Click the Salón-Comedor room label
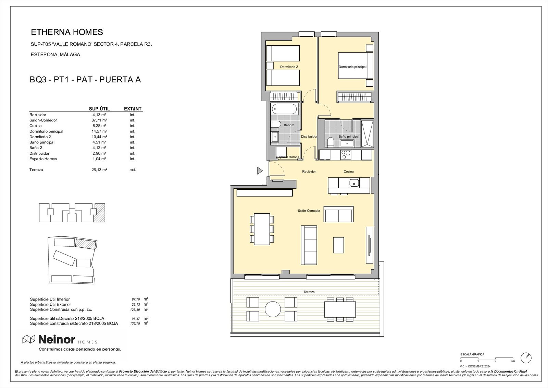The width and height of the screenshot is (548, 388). point(309,211)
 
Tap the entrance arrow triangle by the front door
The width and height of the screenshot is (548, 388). point(260,171)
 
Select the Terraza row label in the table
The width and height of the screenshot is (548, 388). point(36,170)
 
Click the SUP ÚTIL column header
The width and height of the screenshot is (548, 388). point(99,109)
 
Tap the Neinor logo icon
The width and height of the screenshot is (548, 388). point(29,340)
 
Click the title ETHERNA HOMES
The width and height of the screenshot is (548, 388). point(67,32)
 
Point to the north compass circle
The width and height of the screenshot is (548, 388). point(526,358)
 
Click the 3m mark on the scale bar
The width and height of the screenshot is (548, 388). point(513,361)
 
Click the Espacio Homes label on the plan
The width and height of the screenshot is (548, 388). point(288,157)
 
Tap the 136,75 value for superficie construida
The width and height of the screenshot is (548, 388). point(136,324)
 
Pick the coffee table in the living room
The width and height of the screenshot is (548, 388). point(338,245)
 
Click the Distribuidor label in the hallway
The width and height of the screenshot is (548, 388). point(309,137)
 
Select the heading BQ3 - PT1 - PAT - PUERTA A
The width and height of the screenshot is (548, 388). point(85,80)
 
